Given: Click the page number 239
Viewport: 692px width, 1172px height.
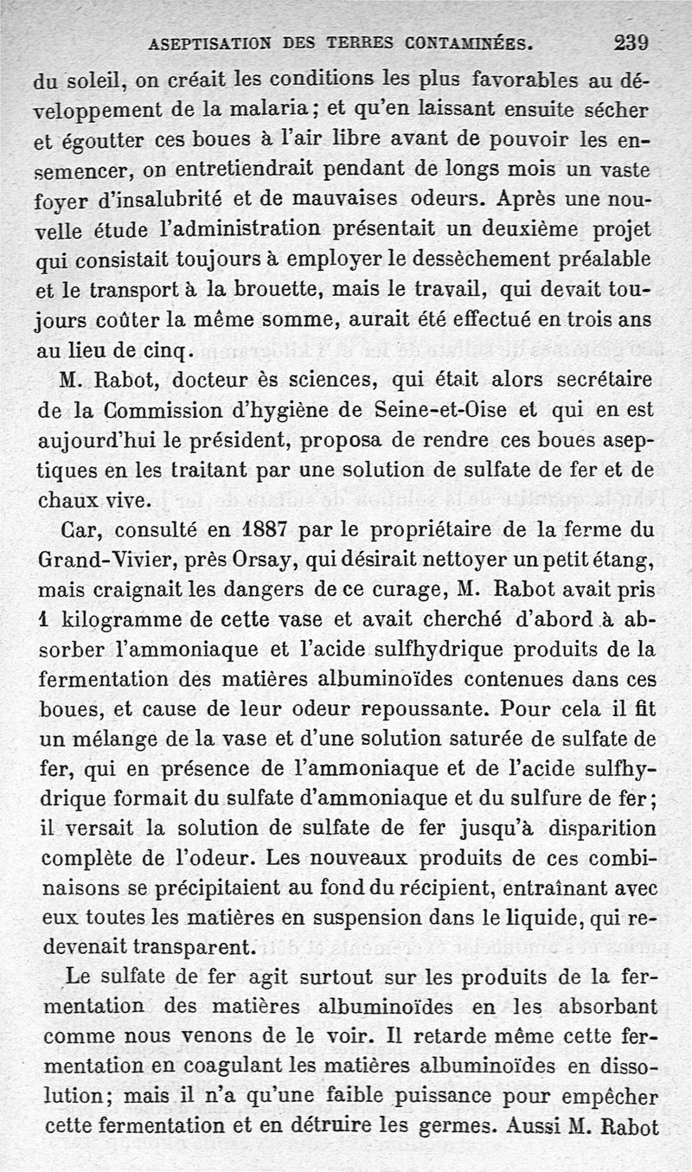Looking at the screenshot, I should coord(631,42).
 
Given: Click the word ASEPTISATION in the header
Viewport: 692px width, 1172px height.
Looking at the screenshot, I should coord(202,43).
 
